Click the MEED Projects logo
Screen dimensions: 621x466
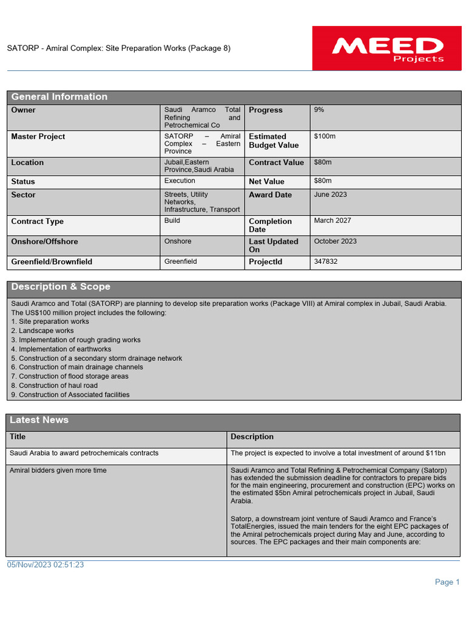[x=387, y=48]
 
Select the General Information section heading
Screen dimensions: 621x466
[x=59, y=97]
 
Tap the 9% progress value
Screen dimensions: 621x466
[x=319, y=110]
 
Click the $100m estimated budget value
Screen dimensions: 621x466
[x=325, y=136]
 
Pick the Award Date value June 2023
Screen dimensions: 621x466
[x=331, y=195]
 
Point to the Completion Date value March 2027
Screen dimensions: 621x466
[x=333, y=221]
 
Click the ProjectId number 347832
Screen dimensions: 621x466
[x=326, y=262]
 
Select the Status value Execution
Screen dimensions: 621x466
[x=180, y=181]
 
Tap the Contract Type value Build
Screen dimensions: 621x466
[x=172, y=221]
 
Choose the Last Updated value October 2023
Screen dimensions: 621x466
[x=336, y=241]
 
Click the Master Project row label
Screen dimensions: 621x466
[x=38, y=136]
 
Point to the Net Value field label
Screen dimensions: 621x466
[x=266, y=181]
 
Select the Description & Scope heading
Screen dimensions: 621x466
[x=61, y=287]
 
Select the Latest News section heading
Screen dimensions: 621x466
[x=39, y=420]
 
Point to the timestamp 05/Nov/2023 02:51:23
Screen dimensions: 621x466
[x=46, y=565]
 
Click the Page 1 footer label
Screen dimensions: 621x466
[x=447, y=582]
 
